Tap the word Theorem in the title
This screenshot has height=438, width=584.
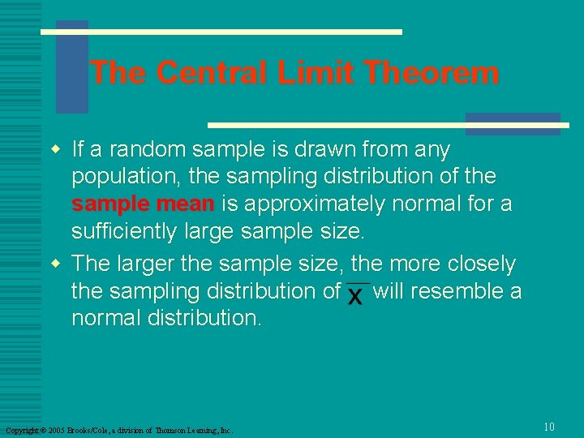coord(432,73)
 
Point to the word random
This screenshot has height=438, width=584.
coord(142,150)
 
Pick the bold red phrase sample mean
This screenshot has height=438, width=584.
coord(143,204)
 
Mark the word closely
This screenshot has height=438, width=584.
coord(480,264)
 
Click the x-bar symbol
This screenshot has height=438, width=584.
coord(356,294)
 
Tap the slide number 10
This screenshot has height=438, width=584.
coord(549,427)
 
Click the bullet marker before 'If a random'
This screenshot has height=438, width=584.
coord(55,149)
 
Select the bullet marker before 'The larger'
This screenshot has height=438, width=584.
coord(55,264)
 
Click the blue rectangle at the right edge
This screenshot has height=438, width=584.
coord(513,123)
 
